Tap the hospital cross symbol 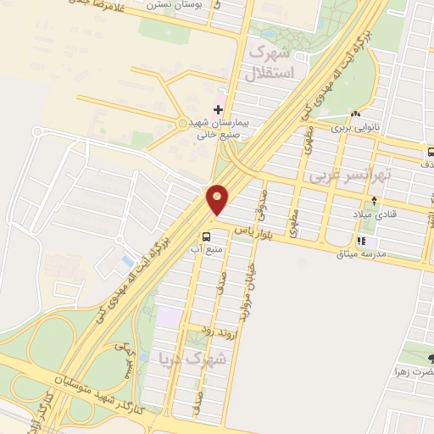point(219,109)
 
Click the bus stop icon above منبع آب point(206,236)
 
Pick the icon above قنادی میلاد point(374,201)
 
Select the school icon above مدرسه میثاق point(361,242)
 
